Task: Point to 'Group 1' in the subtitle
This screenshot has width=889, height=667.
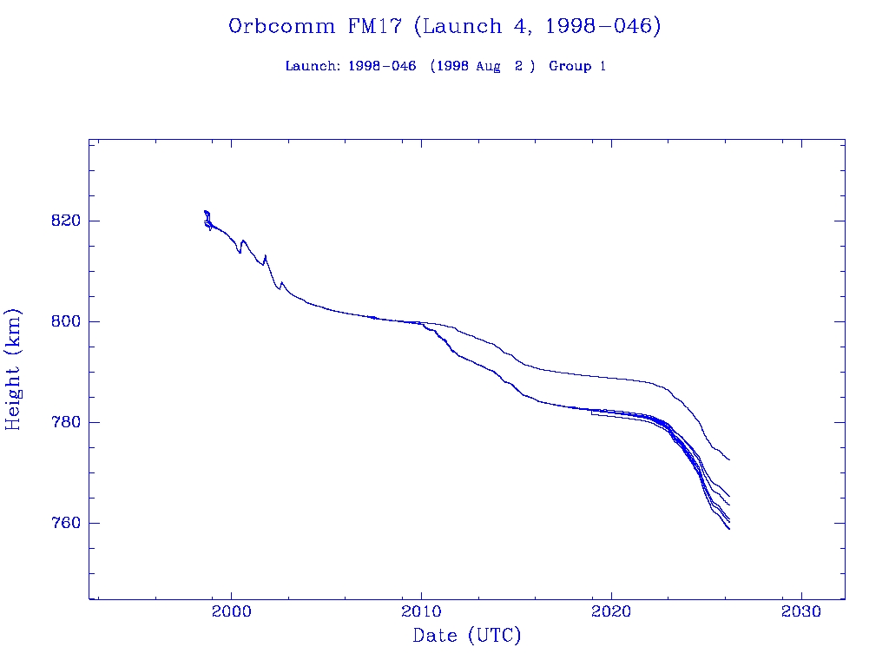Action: coord(577,66)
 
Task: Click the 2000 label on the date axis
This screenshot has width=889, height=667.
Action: coord(232,611)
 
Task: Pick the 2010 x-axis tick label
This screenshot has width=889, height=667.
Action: coord(422,611)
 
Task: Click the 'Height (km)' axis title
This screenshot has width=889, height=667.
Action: coord(13,369)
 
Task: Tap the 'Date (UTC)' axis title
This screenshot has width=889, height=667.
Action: coord(467,636)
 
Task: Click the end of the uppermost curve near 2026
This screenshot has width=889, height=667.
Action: coord(729,459)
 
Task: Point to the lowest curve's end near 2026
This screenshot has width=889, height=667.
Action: coord(729,528)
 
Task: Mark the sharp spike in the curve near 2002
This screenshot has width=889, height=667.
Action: coord(265,255)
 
